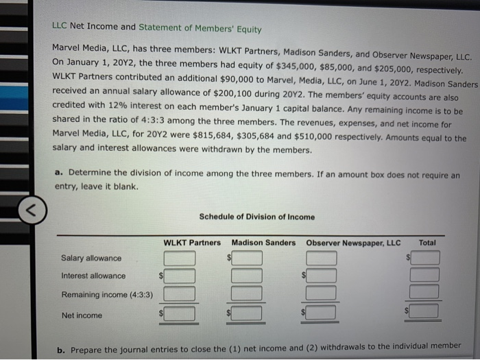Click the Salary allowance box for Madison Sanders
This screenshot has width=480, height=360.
249,258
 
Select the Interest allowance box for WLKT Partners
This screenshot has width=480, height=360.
180,276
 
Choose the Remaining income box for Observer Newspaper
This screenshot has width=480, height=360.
322,293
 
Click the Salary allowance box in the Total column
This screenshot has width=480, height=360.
426,258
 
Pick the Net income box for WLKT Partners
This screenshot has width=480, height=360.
180,314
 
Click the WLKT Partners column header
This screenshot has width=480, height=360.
192,243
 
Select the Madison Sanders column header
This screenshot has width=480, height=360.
263,243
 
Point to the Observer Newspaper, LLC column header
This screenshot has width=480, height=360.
353,243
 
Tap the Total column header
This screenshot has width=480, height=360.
427,243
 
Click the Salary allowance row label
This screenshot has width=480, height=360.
91,259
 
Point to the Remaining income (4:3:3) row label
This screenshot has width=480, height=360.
107,295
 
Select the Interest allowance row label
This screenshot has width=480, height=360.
93,276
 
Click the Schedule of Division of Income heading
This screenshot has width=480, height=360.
257,217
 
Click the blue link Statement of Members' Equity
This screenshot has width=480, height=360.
200,28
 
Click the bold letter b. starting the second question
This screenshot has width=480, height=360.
61,348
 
